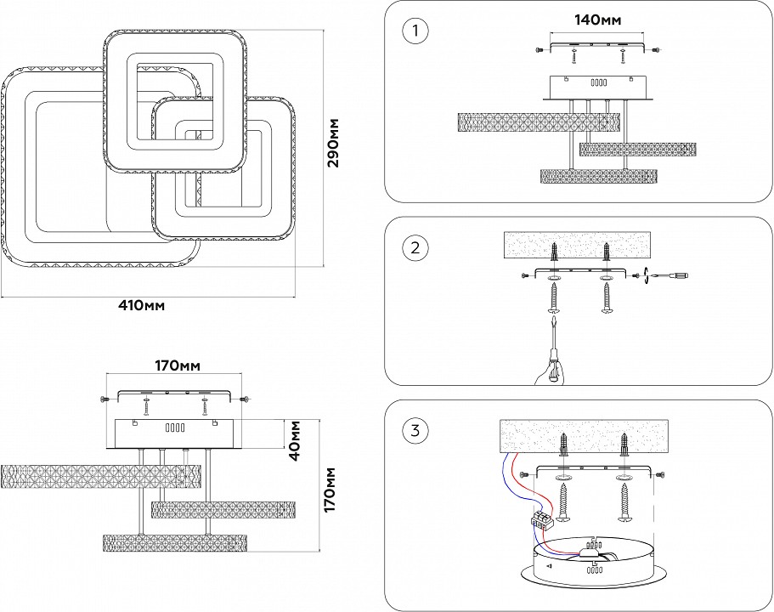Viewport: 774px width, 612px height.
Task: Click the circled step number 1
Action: coord(415,31)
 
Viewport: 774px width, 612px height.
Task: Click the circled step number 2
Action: coord(415,248)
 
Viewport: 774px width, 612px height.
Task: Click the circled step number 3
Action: coord(415,431)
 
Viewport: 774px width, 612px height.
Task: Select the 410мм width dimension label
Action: coord(142,305)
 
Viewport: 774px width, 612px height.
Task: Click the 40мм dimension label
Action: coord(295,439)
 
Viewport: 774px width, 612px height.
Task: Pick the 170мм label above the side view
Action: coord(176,366)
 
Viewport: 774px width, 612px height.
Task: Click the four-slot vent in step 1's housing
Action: coord(596,83)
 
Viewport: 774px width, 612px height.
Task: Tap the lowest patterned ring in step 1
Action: coord(600,176)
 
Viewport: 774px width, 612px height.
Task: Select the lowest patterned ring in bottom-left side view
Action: coord(175,543)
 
